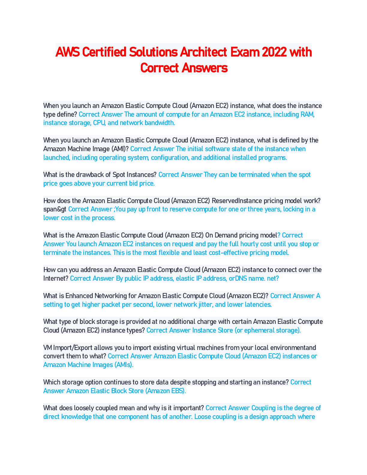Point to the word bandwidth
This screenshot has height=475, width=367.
(x=160, y=123)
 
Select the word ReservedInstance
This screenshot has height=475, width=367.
(x=237, y=201)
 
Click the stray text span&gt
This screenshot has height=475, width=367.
(x=55, y=209)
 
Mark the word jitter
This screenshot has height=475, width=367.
(x=205, y=305)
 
